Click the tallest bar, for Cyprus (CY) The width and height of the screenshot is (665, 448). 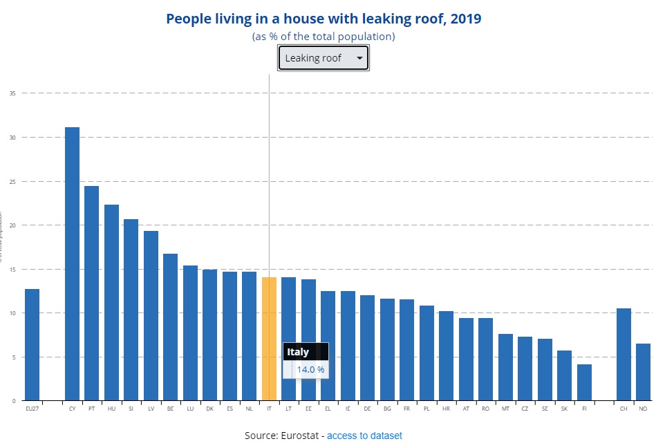pos(72,263)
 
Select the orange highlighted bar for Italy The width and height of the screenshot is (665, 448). pos(269,339)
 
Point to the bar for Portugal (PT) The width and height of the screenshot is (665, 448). pos(91,293)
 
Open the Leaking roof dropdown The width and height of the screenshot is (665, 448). pos(323,58)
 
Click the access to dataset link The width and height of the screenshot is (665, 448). pos(364,436)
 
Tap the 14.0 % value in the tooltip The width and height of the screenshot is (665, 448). pos(310,370)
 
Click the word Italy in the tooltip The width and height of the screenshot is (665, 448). pos(298,352)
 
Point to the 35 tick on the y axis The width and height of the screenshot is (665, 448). pos(12,93)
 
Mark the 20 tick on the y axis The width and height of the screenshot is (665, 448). pos(12,225)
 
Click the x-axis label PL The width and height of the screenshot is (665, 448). pos(427,409)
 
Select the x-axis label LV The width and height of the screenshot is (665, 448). pos(151,409)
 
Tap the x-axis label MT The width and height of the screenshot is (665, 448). pos(505,409)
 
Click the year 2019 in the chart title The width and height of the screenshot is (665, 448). pos(465,19)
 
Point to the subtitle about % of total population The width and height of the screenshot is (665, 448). pos(324,36)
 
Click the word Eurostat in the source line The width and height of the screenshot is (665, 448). pos(298,436)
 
